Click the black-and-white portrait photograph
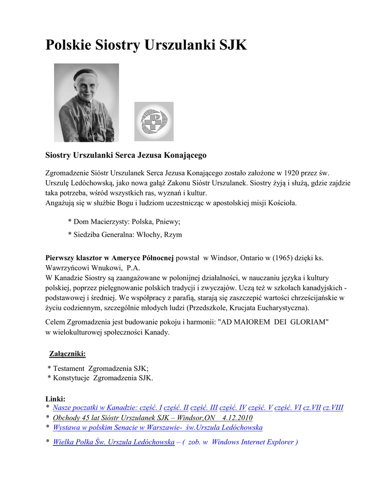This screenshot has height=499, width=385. tap(86, 102)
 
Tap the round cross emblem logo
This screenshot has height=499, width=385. tap(154, 121)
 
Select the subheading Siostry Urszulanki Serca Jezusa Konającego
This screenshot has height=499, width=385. tap(126, 155)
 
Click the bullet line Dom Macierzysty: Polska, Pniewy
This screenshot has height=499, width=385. tap(124, 222)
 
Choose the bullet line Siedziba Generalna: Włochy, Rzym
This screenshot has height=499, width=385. tap(125, 234)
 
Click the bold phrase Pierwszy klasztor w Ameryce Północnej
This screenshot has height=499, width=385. tap(110, 257)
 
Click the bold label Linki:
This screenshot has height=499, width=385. tap(55, 399)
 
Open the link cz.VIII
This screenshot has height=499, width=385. tap(333, 407)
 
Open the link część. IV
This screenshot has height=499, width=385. tap(233, 407)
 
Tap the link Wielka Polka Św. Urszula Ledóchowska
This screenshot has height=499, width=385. tap(113, 442)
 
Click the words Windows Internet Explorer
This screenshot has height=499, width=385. tap(253, 442)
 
